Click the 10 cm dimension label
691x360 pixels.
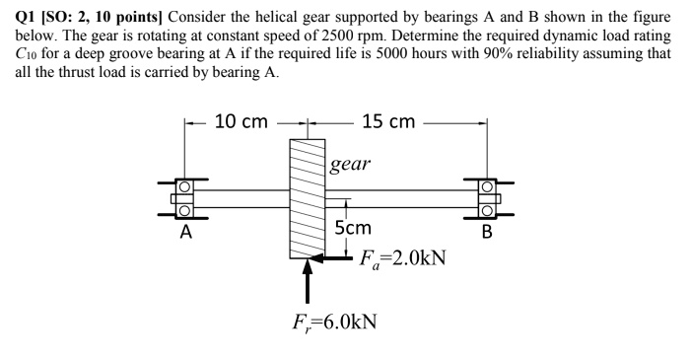coord(241,121)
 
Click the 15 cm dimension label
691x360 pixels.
coord(388,121)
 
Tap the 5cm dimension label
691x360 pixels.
coord(353,228)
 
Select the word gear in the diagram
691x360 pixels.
coord(351,163)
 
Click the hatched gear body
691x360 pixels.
coord(308,198)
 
